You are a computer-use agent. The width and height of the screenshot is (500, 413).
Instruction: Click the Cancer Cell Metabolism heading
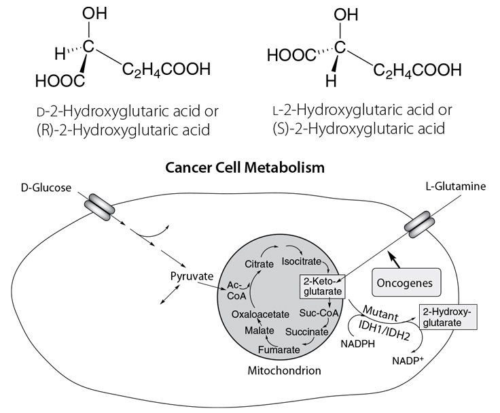pyautogui.click(x=249, y=166)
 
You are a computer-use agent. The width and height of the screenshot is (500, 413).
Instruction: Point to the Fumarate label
pyautogui.click(x=279, y=349)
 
